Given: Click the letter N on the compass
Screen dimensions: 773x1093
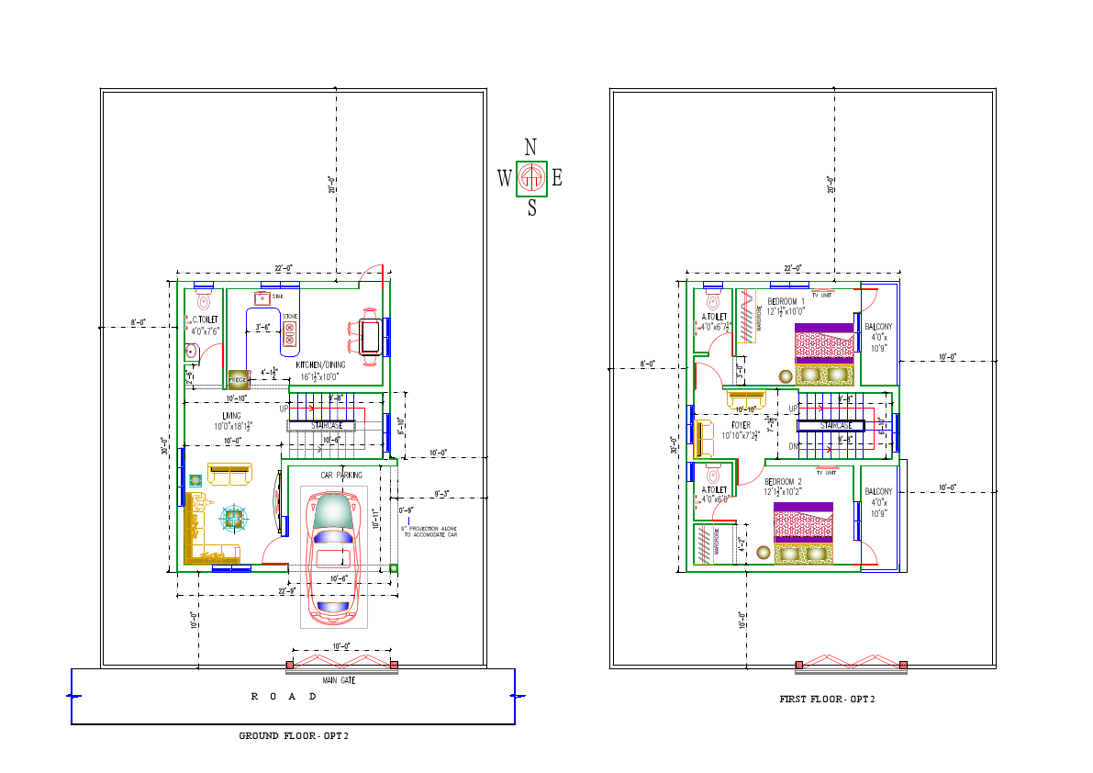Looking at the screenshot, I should [x=530, y=147].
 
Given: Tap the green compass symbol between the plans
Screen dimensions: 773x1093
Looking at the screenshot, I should [x=531, y=178].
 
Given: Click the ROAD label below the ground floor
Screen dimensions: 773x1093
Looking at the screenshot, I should [x=284, y=697].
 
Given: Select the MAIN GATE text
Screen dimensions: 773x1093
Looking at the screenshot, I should [x=339, y=680].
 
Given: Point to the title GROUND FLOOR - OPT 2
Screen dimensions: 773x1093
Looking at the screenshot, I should [x=294, y=736].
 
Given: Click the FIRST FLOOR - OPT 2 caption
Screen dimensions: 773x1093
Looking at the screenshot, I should [x=827, y=700].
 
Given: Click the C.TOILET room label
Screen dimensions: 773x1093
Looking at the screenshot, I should [x=204, y=319].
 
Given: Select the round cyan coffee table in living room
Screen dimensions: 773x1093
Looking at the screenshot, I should [x=235, y=519].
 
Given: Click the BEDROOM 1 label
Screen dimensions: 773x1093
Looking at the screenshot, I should [x=786, y=302].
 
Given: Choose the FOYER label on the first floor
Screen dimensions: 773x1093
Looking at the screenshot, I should [x=741, y=426].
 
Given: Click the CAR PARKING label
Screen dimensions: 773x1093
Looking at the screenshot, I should [x=340, y=476].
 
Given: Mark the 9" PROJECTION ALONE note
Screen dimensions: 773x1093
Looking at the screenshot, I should [x=429, y=531].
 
